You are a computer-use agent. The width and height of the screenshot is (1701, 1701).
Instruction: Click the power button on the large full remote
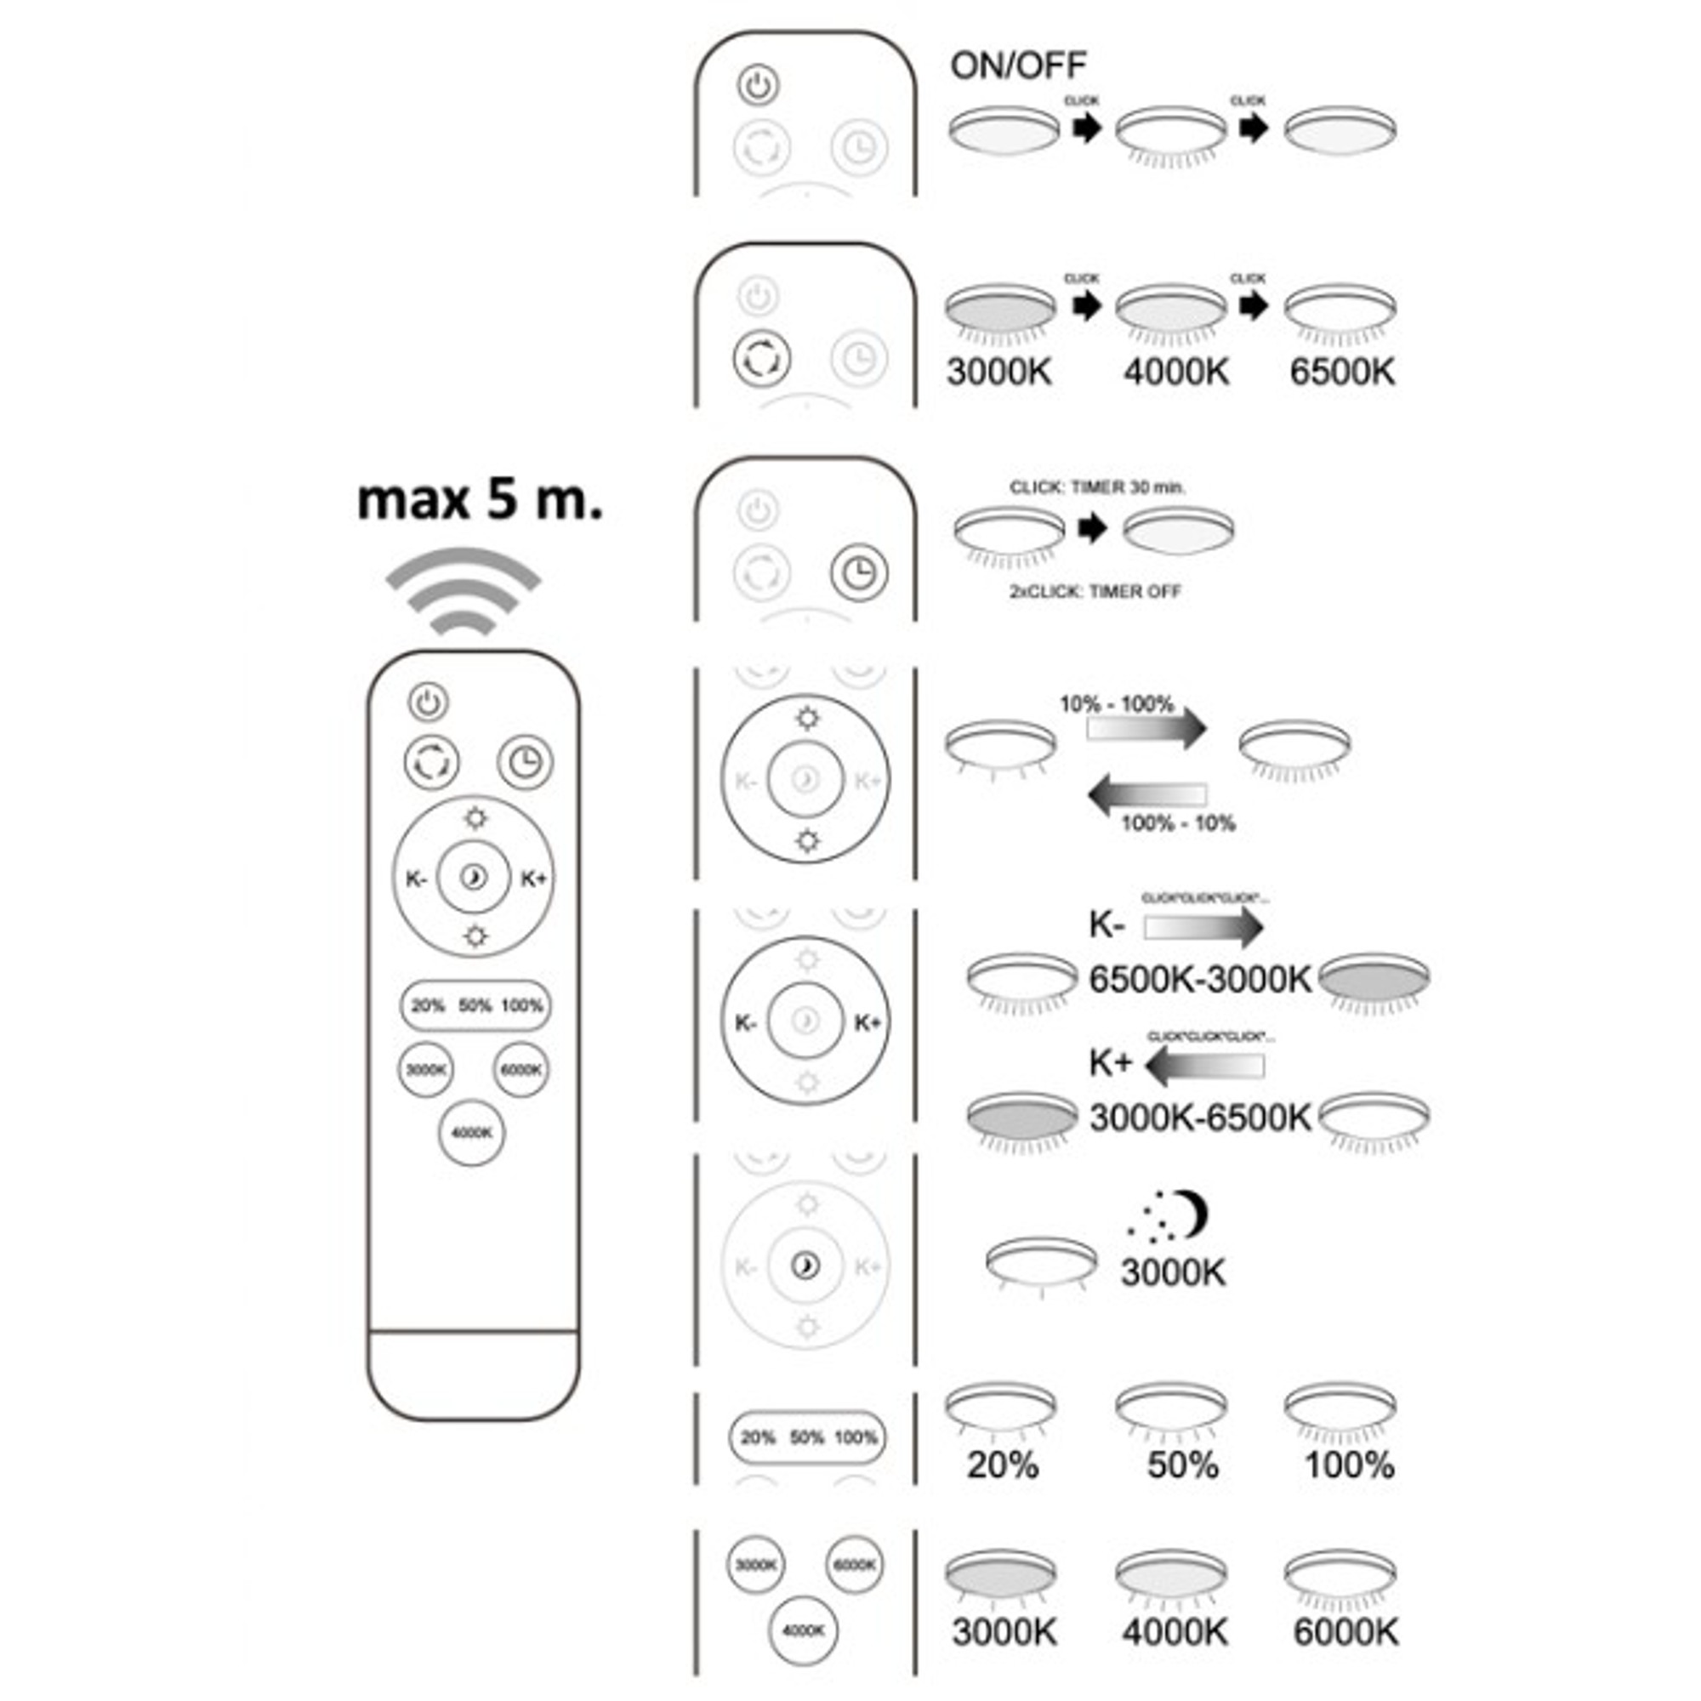(x=429, y=703)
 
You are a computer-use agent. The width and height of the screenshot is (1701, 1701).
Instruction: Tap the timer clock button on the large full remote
(x=526, y=760)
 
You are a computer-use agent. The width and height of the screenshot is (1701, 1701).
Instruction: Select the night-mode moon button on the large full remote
(x=474, y=877)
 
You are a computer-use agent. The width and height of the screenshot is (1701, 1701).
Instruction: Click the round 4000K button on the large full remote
(x=472, y=1132)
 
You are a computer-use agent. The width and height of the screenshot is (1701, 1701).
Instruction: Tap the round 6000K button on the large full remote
(x=521, y=1070)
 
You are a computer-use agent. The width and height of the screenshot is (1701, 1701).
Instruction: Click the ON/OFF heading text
(x=1019, y=65)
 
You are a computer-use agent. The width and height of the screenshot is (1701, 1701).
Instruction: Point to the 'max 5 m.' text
(x=480, y=499)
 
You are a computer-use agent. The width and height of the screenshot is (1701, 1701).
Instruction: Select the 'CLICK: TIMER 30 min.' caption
(x=1097, y=486)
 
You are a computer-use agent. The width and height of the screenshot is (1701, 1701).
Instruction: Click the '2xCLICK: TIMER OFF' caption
(x=1095, y=592)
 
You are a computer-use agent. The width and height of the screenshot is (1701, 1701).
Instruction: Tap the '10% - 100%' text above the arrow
(x=1117, y=704)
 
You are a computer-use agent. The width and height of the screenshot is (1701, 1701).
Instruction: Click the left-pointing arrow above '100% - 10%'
(x=1147, y=795)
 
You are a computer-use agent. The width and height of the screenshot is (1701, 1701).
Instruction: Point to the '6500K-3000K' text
(x=1200, y=979)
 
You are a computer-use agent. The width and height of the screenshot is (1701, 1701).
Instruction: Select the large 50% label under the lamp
(x=1182, y=1465)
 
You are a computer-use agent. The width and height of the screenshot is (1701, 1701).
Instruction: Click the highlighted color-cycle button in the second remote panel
(x=761, y=358)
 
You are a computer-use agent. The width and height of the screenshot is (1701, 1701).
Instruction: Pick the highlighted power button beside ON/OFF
(x=758, y=86)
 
